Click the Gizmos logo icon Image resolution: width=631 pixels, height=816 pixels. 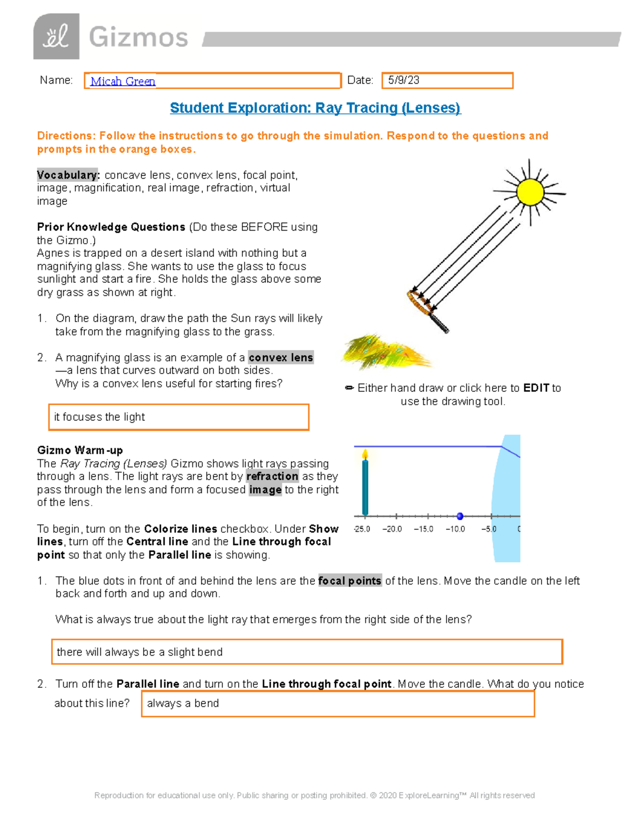tap(56, 37)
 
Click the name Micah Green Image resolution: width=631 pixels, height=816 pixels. tap(123, 81)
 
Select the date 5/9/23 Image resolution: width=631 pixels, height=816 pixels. tap(403, 80)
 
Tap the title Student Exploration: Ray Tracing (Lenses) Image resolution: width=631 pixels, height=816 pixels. tap(315, 108)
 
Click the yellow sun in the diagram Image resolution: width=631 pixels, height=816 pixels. tap(530, 192)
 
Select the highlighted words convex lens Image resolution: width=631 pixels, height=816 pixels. tap(281, 358)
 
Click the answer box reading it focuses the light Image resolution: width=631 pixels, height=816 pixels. tap(178, 417)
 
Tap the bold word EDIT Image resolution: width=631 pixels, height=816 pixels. tap(536, 388)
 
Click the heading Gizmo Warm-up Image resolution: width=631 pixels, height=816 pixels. tap(80, 450)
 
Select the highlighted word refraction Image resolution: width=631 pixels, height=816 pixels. tap(272, 477)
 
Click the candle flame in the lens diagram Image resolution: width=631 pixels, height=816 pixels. tap(365, 454)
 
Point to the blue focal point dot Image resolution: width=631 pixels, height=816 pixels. tap(460, 516)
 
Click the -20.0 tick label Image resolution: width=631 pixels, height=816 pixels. tap(392, 529)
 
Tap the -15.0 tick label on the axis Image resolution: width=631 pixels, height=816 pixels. tap(423, 529)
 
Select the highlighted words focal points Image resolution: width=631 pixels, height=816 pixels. tap(350, 581)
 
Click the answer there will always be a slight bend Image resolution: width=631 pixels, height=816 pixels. tap(307, 652)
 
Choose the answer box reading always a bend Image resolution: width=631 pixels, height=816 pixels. tap(338, 704)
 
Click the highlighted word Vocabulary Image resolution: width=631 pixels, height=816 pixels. tap(68, 175)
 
